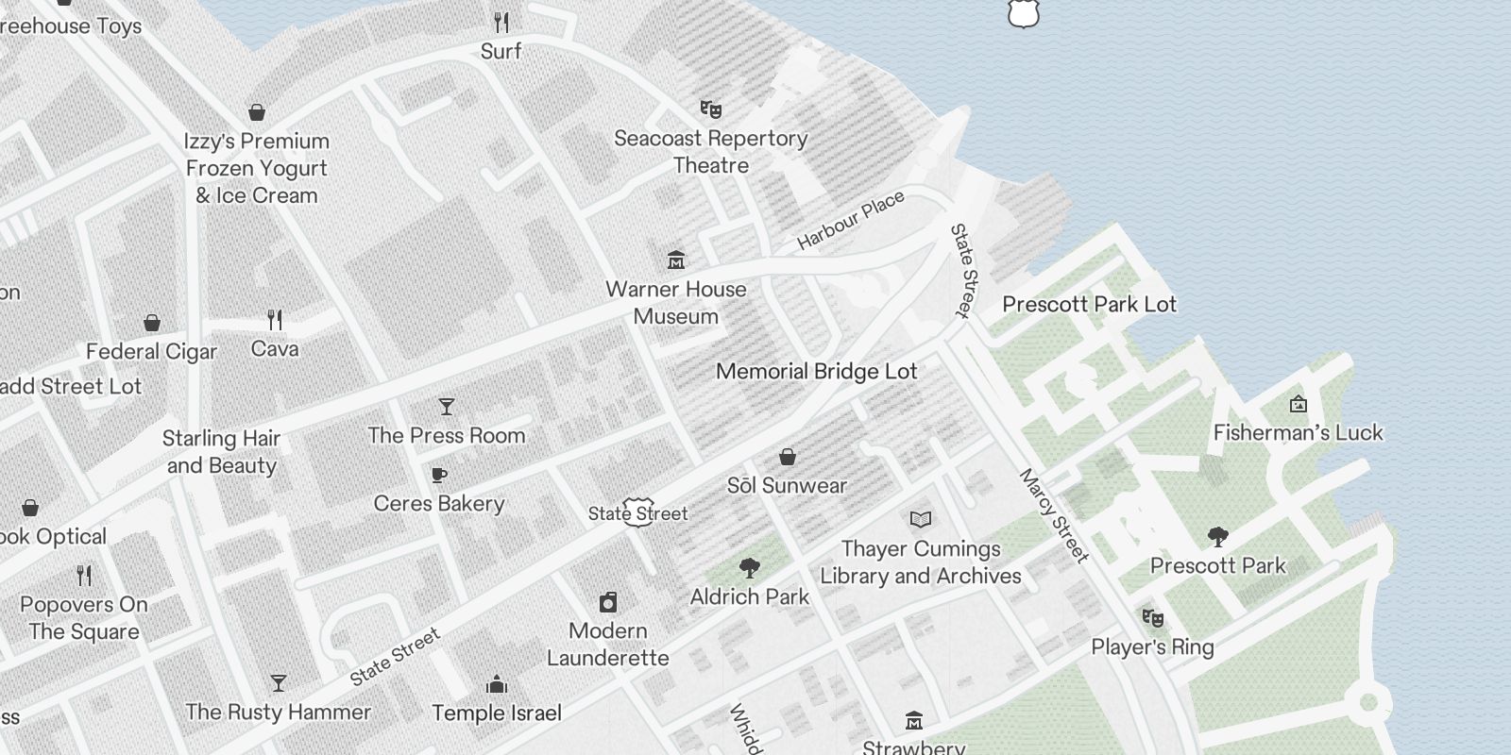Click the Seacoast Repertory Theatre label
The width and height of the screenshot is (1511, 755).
click(x=710, y=152)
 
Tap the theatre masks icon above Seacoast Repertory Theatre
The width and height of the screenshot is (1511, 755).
click(x=710, y=109)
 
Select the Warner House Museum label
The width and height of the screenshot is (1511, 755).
click(x=675, y=303)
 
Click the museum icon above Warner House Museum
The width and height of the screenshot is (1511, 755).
click(x=676, y=260)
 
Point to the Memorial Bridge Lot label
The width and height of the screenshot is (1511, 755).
click(x=816, y=371)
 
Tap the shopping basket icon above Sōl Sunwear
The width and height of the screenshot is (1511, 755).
click(x=787, y=458)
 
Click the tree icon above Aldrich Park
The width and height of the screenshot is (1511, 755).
click(x=750, y=568)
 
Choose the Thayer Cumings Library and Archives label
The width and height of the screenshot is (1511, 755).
click(x=920, y=562)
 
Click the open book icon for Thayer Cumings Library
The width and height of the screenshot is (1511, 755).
click(x=920, y=519)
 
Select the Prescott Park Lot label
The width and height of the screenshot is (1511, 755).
click(x=1089, y=304)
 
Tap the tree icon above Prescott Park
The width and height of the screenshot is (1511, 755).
click(x=1217, y=538)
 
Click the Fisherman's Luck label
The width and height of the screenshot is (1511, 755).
click(x=1298, y=432)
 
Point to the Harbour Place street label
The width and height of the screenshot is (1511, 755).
click(x=851, y=220)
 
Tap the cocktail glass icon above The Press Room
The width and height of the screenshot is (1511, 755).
click(x=447, y=407)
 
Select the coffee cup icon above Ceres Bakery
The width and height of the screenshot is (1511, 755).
click(x=438, y=476)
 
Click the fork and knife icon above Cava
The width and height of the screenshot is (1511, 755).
click(x=275, y=320)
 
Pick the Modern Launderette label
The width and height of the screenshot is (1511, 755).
click(x=607, y=645)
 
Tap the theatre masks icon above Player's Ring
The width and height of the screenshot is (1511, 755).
click(x=1152, y=618)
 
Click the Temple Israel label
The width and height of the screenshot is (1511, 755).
click(x=497, y=713)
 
